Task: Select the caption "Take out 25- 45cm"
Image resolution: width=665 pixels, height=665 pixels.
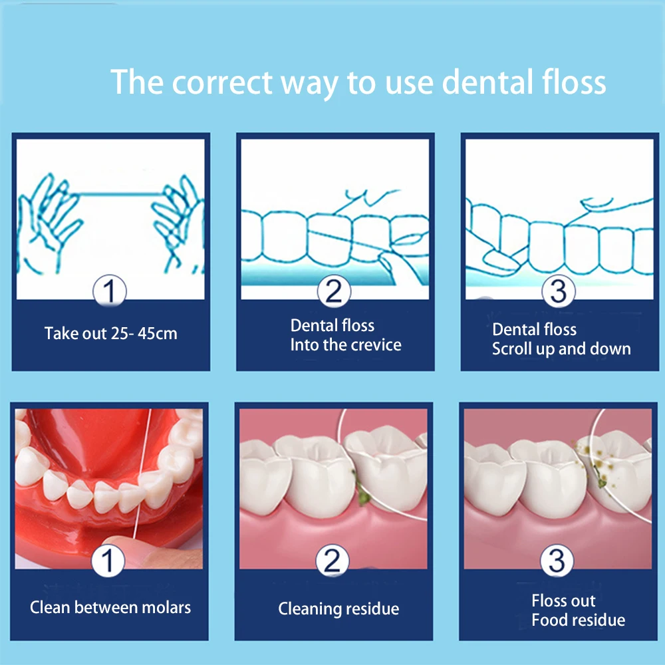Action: tap(111, 333)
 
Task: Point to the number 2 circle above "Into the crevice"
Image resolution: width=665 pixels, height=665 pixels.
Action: tap(332, 291)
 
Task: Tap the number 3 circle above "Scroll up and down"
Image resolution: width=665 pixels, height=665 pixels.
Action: tap(557, 291)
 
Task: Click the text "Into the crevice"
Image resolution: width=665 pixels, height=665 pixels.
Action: tap(346, 345)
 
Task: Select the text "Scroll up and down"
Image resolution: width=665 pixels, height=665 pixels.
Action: tap(561, 349)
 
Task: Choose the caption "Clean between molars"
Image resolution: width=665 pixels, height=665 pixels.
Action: tap(110, 607)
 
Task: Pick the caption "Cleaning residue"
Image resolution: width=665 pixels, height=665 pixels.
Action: tap(338, 608)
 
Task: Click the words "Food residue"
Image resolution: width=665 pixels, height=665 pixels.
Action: tap(579, 620)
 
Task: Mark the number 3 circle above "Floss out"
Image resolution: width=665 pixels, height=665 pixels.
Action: tap(557, 563)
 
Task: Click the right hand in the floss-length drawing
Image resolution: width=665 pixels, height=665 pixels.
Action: tap(176, 223)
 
